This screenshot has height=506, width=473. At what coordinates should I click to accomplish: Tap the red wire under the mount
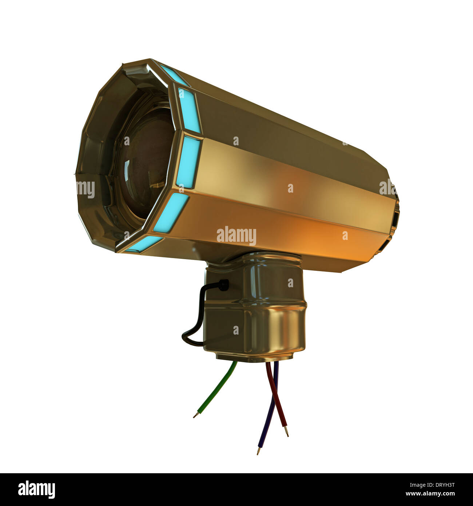(x=277, y=397)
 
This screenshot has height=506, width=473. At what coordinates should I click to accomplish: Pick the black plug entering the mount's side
(x=223, y=285)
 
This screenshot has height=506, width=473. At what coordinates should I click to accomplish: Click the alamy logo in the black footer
(x=36, y=490)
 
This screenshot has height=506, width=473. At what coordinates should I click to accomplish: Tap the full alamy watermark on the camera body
(x=236, y=236)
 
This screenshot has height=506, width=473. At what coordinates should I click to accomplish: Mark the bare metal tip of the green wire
(x=195, y=415)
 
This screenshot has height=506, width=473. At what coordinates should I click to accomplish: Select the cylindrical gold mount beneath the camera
(x=255, y=309)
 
